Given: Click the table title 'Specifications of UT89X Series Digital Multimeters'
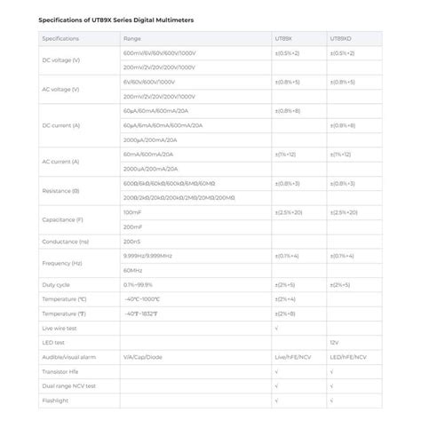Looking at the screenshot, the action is click(117, 19).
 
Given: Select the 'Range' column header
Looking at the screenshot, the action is click(132, 39).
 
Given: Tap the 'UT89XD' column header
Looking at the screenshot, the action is click(340, 39).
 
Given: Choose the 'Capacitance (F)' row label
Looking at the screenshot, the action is click(62, 219).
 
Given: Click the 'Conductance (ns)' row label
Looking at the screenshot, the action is click(65, 242).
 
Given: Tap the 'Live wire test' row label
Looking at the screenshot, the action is click(60, 328).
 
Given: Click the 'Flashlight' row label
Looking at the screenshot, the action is click(55, 400).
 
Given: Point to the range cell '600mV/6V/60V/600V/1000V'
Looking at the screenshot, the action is click(164, 53).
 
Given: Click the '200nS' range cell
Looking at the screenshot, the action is click(132, 242).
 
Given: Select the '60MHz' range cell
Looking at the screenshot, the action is click(132, 270).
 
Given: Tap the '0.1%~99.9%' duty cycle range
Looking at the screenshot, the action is click(142, 285).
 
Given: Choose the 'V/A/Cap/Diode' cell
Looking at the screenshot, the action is click(145, 357).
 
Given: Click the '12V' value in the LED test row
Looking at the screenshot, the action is click(334, 343).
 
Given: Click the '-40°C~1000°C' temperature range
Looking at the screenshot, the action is click(142, 299).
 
